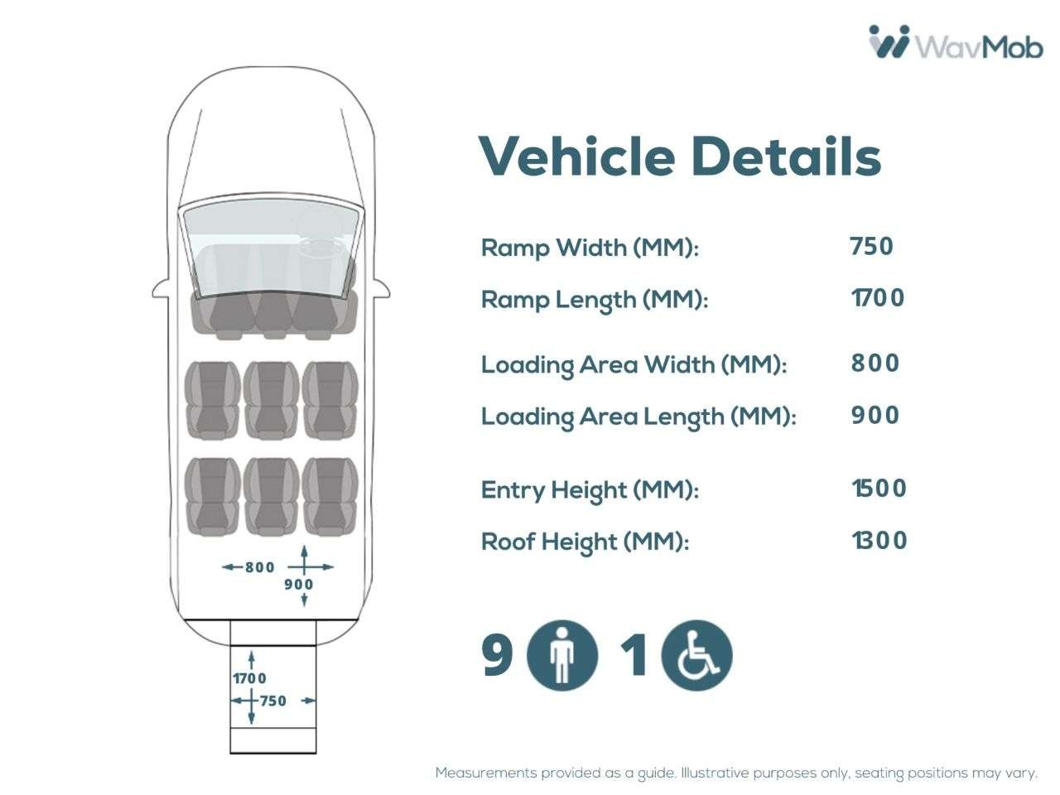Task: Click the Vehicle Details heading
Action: click(680, 157)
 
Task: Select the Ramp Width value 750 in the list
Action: click(872, 246)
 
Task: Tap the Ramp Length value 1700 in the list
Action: click(878, 298)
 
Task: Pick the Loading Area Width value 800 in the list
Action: click(875, 363)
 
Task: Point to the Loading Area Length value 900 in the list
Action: click(875, 415)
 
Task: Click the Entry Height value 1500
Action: click(879, 488)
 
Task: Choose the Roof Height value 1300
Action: click(879, 540)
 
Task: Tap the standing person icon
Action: click(562, 655)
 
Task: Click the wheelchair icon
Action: click(696, 655)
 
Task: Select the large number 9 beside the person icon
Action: click(497, 655)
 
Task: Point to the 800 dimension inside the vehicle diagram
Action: click(260, 567)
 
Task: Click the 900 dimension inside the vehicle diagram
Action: click(298, 585)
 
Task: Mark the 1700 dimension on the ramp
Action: click(249, 678)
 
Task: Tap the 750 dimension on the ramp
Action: click(272, 701)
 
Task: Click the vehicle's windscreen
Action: click(271, 247)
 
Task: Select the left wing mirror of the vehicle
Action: click(161, 290)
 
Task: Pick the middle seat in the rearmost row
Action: click(272, 497)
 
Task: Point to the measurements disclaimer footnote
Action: click(736, 773)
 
